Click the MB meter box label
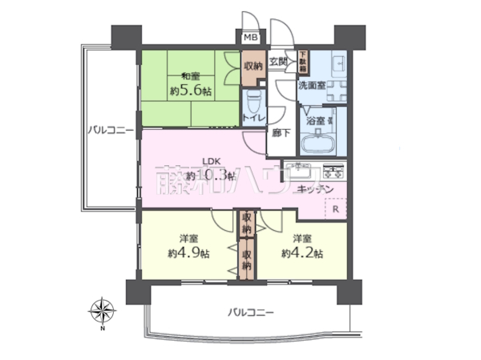[x=251, y=38]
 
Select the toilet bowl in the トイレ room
[x=254, y=102]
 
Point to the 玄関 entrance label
[x=278, y=62]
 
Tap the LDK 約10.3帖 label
[x=209, y=167]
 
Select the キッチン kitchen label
[x=315, y=189]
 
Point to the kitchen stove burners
[x=332, y=170]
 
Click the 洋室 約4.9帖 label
[x=189, y=246]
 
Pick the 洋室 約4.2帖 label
[x=302, y=246]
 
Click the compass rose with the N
[x=102, y=310]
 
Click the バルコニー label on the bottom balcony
[x=250, y=311]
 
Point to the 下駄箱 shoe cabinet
[x=303, y=61]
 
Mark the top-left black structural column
[x=125, y=38]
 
